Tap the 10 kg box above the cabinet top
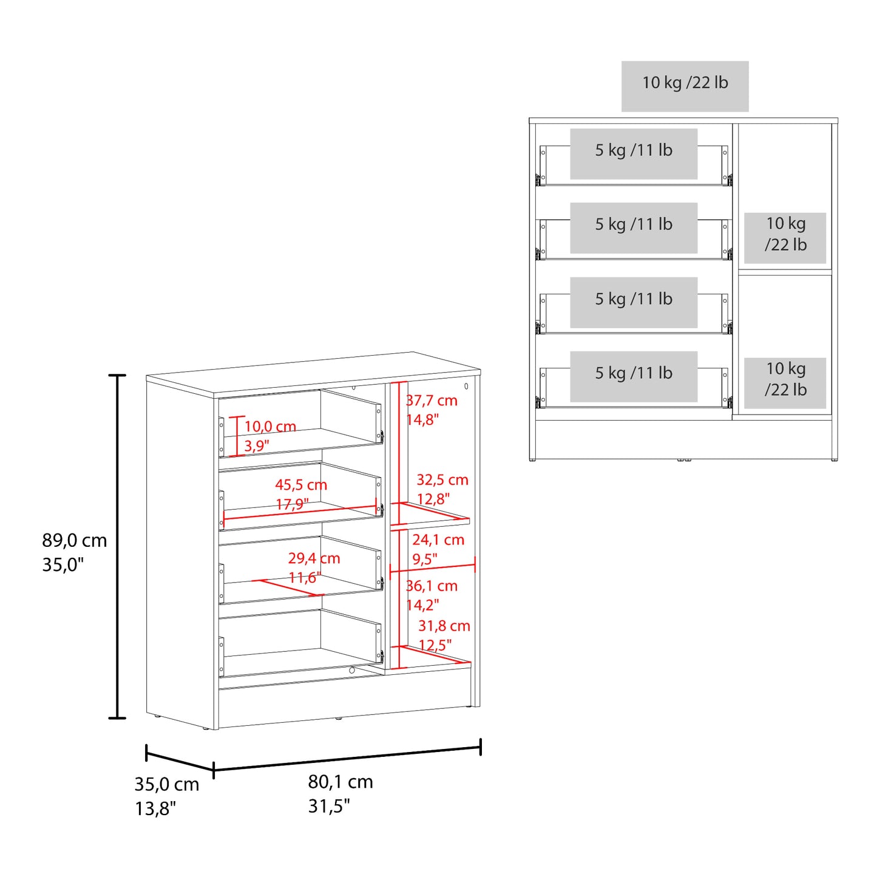pos(685,86)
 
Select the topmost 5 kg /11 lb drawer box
pos(634,154)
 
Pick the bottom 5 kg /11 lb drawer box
pos(634,376)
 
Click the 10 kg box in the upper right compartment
pos(785,238)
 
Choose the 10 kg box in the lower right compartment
pos(785,383)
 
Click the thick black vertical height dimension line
pos(117,547)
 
